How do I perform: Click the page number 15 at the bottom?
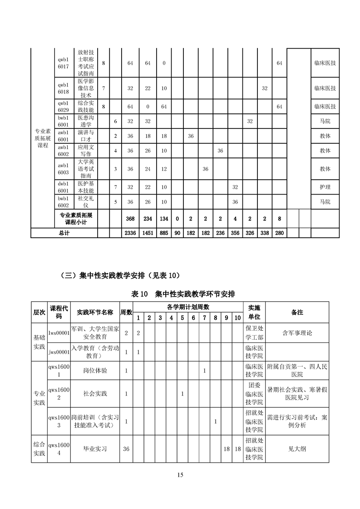point(180,475)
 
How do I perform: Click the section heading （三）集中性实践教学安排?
point(120,275)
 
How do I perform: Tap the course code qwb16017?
point(63,63)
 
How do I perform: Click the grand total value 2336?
point(130,233)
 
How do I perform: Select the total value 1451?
point(148,233)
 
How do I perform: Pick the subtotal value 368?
point(130,219)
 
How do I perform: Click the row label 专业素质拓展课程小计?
point(76,219)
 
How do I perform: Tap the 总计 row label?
point(64,233)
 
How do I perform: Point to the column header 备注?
point(297,312)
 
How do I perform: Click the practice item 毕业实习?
point(95,449)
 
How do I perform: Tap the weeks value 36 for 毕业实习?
point(126,449)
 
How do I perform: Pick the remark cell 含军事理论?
point(297,333)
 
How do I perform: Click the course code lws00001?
point(59,333)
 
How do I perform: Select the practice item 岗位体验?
point(95,371)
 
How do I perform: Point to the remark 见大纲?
point(297,449)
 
